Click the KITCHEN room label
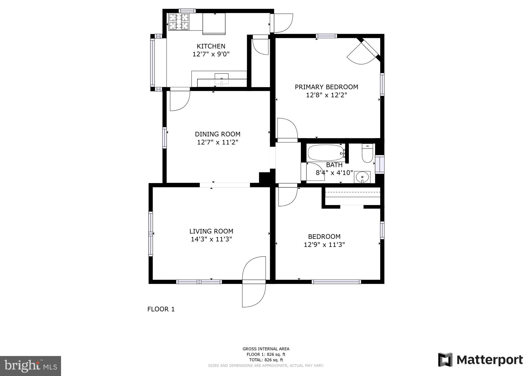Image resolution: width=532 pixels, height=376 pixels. (x=211, y=46)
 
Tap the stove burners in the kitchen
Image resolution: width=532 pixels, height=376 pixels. (x=178, y=22)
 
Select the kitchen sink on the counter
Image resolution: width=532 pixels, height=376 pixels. (x=222, y=79)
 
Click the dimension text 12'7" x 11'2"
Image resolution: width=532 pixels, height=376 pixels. (x=217, y=142)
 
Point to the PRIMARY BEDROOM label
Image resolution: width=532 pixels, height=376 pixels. (x=326, y=87)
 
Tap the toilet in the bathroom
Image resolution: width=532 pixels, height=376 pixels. (x=367, y=153)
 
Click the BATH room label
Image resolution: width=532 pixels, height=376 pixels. (x=334, y=165)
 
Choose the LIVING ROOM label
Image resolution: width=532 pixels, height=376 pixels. (x=211, y=231)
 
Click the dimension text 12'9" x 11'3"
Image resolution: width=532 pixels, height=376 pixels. (x=324, y=245)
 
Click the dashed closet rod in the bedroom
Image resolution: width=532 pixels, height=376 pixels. (x=353, y=192)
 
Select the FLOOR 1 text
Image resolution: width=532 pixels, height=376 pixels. (x=161, y=309)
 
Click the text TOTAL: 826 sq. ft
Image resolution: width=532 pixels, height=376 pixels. (x=266, y=360)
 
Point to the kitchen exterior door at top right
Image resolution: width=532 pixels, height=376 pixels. (x=282, y=23)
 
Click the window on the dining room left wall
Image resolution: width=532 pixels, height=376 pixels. (x=164, y=138)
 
